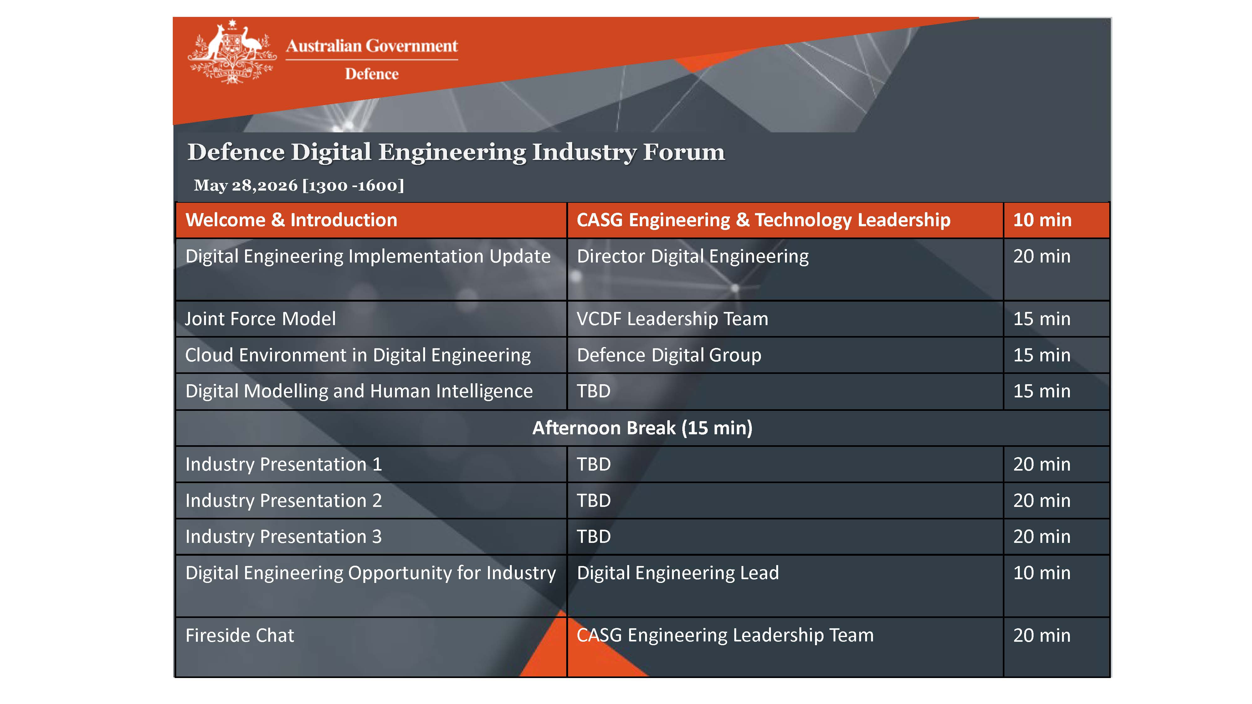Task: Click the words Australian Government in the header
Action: click(x=372, y=46)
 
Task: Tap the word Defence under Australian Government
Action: click(x=372, y=74)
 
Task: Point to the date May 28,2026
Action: click(x=245, y=185)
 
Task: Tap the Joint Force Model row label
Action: click(x=260, y=319)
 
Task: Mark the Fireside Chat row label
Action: click(x=240, y=635)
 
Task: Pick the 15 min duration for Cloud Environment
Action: click(x=1042, y=355)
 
